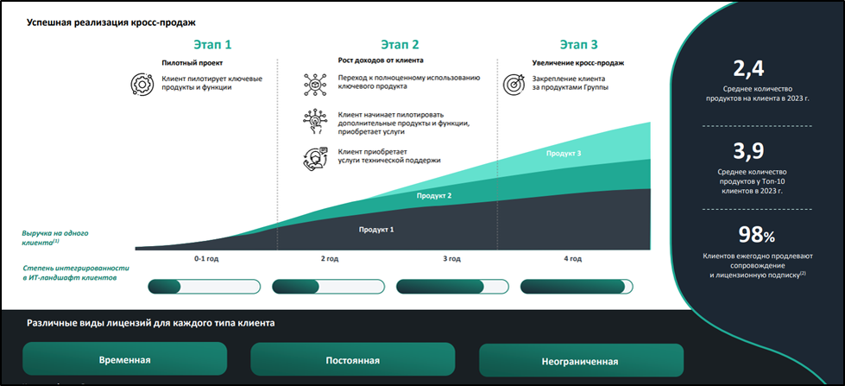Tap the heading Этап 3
pyautogui.click(x=578, y=44)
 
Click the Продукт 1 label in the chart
pyautogui.click(x=375, y=230)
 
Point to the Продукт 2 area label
pyautogui.click(x=434, y=197)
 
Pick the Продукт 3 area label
pyautogui.click(x=564, y=154)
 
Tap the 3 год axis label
pyautogui.click(x=451, y=258)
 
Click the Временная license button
pyautogui.click(x=124, y=359)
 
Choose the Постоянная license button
pyautogui.click(x=352, y=359)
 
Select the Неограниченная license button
pyautogui.click(x=581, y=360)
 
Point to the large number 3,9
pyautogui.click(x=747, y=153)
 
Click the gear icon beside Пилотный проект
pyautogui.click(x=141, y=85)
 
